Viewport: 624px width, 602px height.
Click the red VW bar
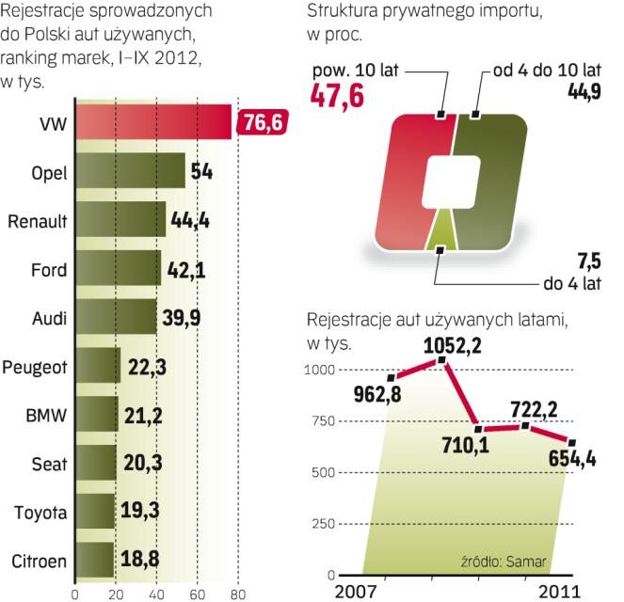[x=151, y=122]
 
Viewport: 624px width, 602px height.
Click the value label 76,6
[x=264, y=122]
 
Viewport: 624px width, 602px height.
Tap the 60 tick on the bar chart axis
[x=197, y=594]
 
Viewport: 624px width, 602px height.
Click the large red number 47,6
[x=340, y=96]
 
